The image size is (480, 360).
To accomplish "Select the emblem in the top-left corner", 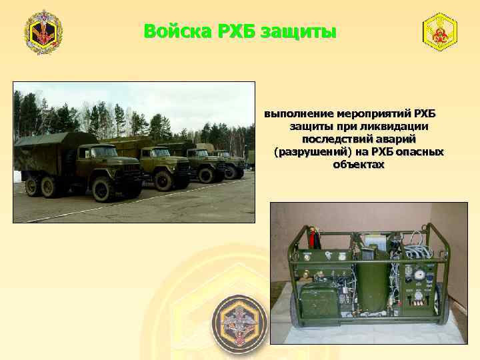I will click(43, 31).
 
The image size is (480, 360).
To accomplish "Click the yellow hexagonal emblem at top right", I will click(440, 31).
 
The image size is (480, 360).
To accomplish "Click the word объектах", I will click(359, 164).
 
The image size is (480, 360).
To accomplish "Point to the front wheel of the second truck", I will click(163, 180).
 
